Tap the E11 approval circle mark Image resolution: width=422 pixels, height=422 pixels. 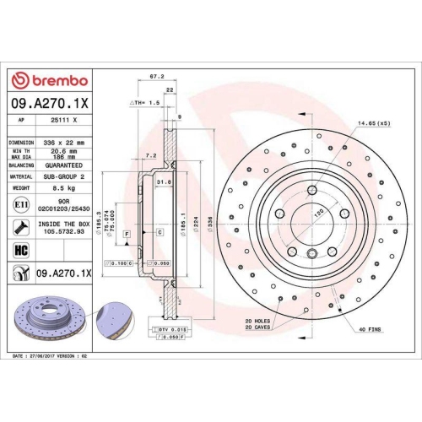coord(20,205)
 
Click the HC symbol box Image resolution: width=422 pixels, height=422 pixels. coord(20,249)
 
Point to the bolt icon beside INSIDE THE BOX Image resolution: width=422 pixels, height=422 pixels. coord(20,227)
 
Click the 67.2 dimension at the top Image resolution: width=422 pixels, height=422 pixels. coord(156,77)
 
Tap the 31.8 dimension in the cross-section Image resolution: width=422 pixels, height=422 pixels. coord(164,181)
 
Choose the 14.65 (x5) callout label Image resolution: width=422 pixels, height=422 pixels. coord(371,124)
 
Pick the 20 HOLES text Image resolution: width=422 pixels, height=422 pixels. coord(257,321)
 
